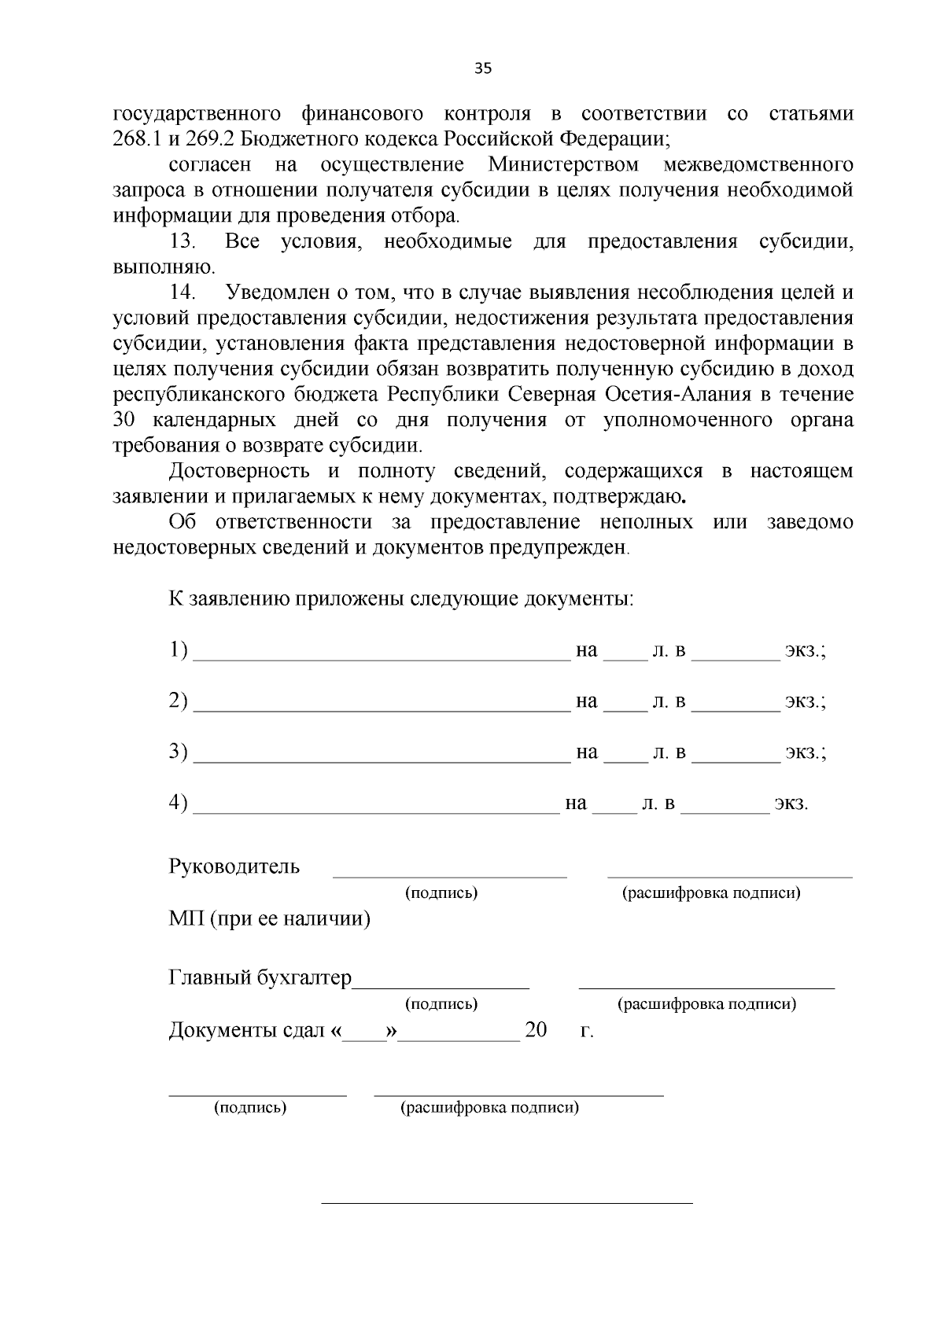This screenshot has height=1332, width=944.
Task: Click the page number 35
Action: (483, 68)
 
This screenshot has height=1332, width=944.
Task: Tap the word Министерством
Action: (563, 165)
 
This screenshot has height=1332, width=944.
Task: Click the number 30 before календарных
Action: (125, 420)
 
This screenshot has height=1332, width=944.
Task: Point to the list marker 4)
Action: (178, 803)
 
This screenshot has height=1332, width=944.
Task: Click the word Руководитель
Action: (234, 867)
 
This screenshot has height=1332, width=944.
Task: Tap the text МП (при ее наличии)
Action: (269, 918)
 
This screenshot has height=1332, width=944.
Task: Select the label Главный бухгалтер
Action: (260, 977)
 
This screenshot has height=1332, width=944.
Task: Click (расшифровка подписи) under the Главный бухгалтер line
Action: (706, 1004)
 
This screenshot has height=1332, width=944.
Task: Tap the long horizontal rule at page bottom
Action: (507, 1203)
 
